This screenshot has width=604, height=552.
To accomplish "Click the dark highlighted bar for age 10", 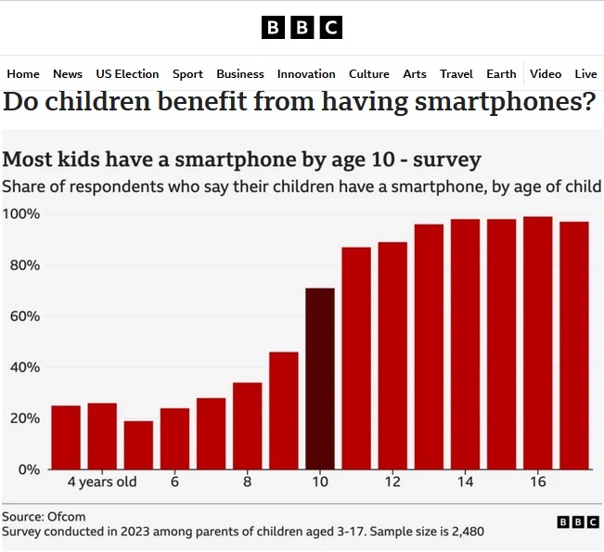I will [x=320, y=379].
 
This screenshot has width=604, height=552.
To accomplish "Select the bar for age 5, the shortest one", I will [x=138, y=445].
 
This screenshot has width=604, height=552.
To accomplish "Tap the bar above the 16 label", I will [x=538, y=343].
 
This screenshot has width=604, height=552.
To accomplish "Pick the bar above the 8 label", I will [x=248, y=426].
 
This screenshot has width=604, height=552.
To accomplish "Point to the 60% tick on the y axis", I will [x=20, y=316].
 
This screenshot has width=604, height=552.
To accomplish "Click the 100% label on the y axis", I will [x=20, y=214].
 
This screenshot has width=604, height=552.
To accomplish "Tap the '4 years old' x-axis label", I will [x=102, y=482].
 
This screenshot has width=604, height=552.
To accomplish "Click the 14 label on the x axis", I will [x=465, y=482].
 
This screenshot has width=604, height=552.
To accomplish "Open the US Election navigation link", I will [x=127, y=74].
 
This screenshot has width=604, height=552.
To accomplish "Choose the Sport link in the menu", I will [x=187, y=74].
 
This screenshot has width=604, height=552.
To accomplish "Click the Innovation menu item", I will [x=306, y=74].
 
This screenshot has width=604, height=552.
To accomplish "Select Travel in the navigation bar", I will [x=456, y=74].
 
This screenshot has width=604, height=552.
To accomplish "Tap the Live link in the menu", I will [x=585, y=74].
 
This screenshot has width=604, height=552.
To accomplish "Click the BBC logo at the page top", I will [x=302, y=28].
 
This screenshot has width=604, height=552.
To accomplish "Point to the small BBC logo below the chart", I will [x=577, y=522].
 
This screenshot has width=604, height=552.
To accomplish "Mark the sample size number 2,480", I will [x=464, y=533].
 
